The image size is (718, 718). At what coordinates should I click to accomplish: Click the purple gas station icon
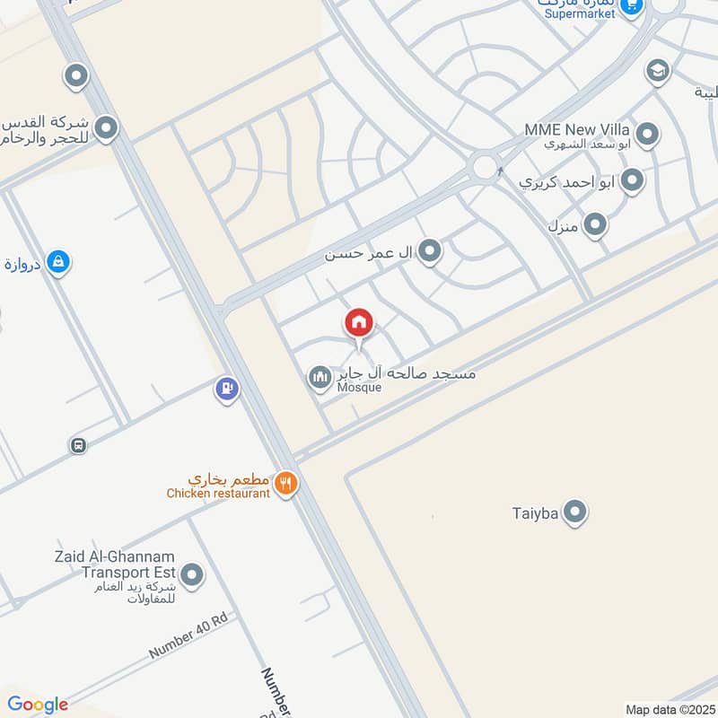point(226,389)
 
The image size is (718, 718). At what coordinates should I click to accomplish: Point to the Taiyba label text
point(536,513)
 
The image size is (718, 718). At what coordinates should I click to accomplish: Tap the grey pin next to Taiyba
point(575,512)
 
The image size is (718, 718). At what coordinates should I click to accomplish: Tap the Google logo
point(38,705)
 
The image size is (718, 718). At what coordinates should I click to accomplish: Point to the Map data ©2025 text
point(670,709)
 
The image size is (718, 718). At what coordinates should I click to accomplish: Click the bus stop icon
point(79,445)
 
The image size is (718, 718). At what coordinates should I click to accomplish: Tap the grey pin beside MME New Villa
point(647,136)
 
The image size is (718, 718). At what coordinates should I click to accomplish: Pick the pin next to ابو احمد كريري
point(633,180)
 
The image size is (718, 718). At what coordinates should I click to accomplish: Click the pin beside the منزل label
point(595,224)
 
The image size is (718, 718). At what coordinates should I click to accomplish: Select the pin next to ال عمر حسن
point(431,252)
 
